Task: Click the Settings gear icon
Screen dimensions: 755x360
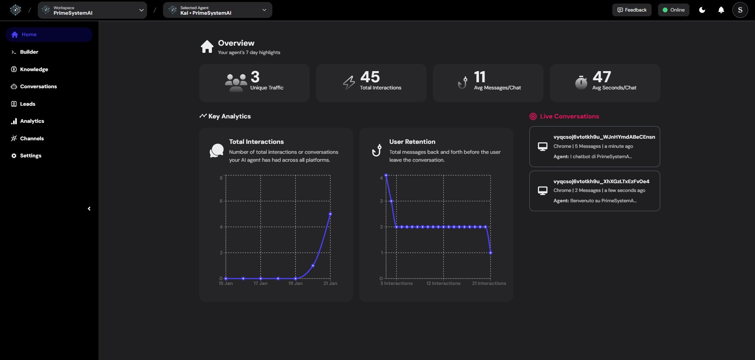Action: [14, 156]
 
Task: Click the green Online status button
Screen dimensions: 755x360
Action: [673, 10]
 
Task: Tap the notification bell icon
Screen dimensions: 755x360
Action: [721, 10]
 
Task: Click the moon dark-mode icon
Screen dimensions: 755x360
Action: [702, 10]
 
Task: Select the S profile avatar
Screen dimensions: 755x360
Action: [740, 10]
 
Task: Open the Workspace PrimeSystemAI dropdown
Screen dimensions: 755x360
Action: [92, 10]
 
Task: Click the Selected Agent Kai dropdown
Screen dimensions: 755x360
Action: [217, 10]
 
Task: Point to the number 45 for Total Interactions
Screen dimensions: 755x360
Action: [370, 77]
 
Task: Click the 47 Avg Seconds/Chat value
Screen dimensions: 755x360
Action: [602, 77]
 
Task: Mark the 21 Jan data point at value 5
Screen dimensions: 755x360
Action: [330, 214]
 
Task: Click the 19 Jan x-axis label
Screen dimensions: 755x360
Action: [295, 283]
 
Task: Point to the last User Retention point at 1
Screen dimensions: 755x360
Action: [491, 253]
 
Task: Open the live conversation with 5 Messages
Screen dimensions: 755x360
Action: [594, 147]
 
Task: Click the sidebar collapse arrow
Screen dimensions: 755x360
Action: [89, 209]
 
